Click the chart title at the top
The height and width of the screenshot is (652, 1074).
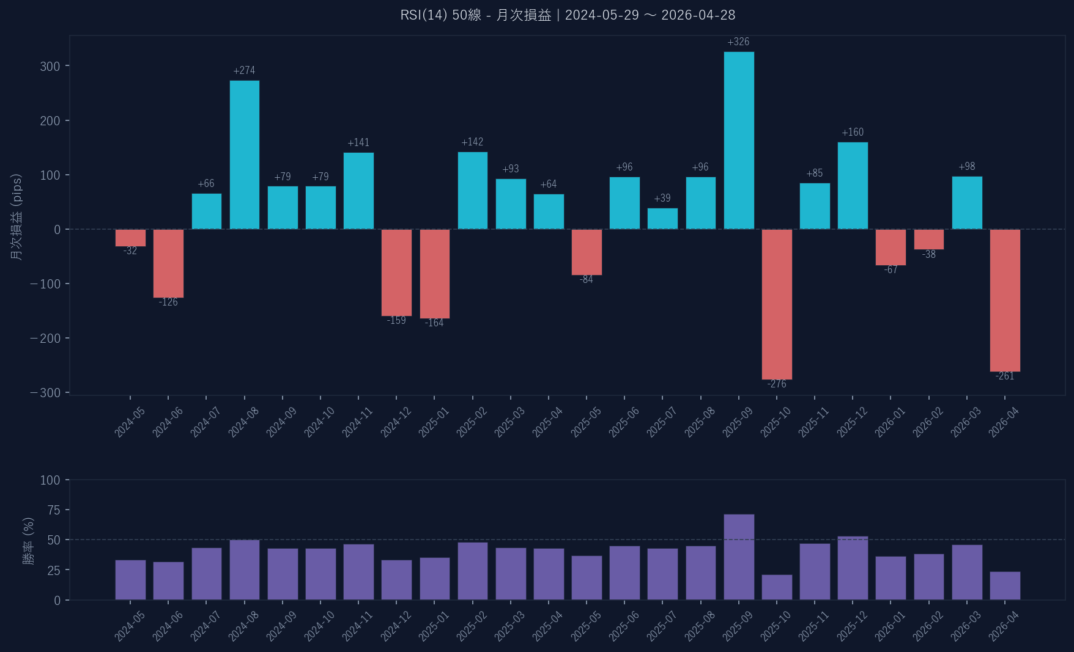point(568,15)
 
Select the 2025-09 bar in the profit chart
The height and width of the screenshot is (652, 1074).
point(739,141)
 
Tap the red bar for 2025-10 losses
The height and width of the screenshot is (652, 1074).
point(777,304)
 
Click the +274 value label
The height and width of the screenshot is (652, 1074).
point(244,71)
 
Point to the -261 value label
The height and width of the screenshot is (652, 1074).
point(1005,376)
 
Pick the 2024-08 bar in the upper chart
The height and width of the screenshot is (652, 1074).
point(244,155)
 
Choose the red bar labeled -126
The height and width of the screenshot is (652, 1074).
point(168,263)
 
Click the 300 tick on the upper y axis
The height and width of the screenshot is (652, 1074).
point(50,67)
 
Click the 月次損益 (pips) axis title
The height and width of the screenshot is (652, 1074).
point(17,217)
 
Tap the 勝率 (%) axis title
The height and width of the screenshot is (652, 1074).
point(28,541)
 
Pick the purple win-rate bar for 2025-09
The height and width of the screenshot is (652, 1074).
point(739,557)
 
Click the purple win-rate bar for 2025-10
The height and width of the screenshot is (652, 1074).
point(777,587)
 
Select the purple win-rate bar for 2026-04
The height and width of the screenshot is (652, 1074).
point(1005,585)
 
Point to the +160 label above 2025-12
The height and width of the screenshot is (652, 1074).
point(853,133)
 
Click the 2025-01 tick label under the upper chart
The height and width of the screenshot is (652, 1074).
point(434,422)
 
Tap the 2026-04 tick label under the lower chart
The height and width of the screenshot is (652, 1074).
point(1004,626)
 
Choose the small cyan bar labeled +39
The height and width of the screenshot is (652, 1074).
point(662,219)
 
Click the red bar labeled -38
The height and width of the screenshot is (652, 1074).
point(928,240)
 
